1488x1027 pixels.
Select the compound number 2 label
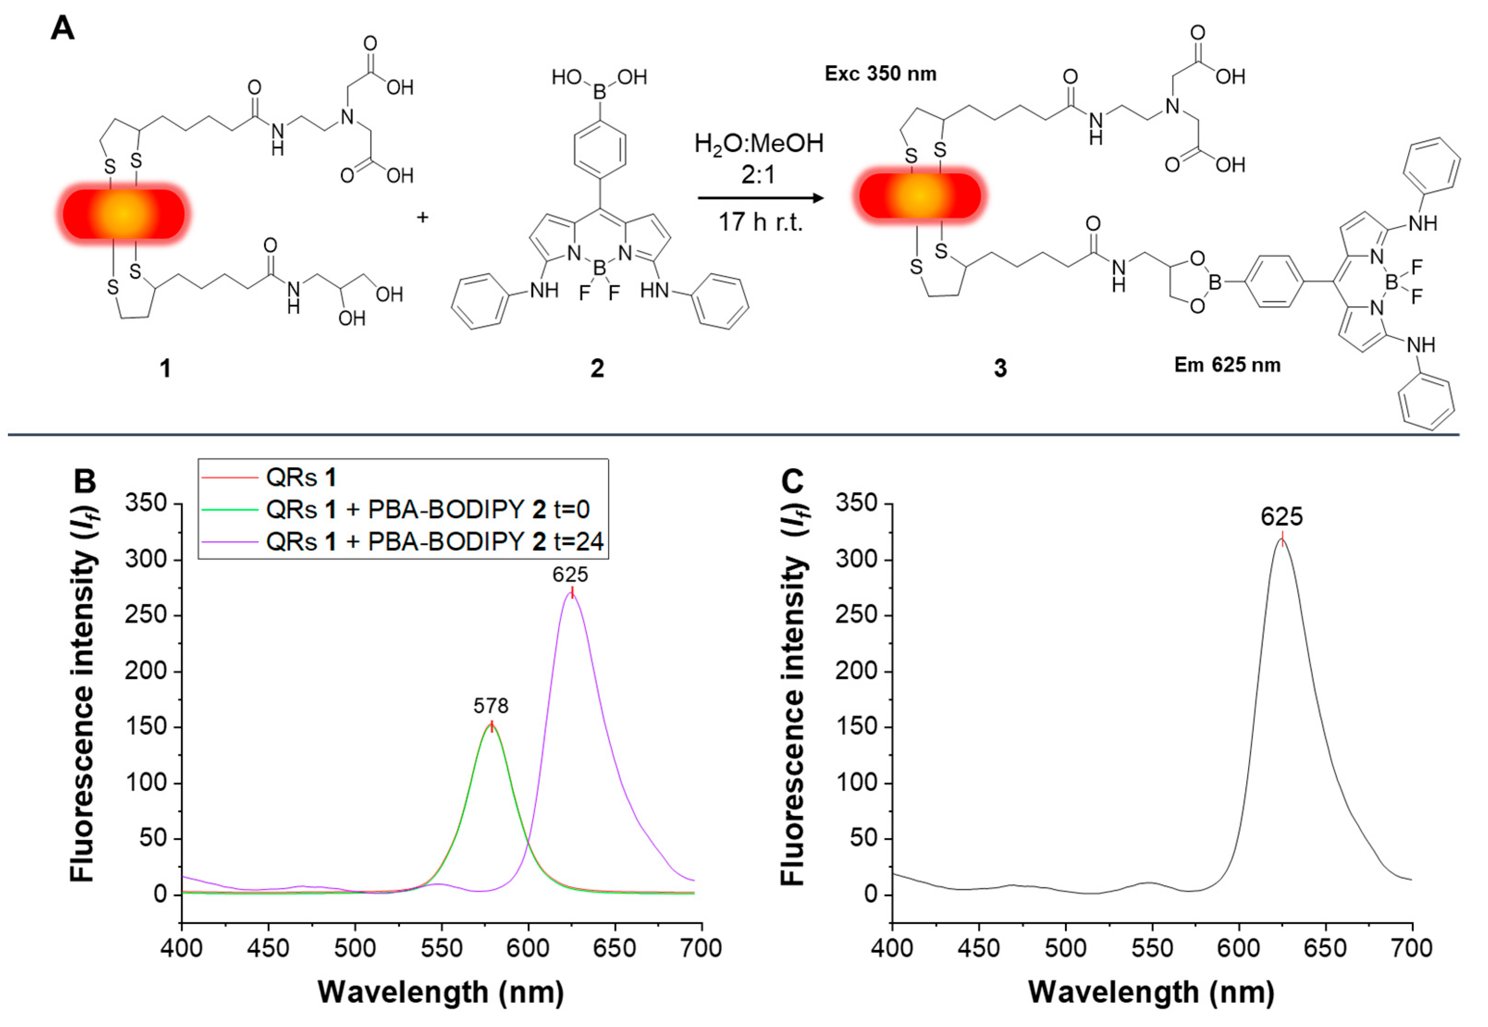tap(597, 369)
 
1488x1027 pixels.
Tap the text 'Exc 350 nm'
tap(881, 74)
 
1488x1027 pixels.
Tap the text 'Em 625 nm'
tap(1227, 365)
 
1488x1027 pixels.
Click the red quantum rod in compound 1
tap(123, 214)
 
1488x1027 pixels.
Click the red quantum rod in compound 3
tap(920, 195)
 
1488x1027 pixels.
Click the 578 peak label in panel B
tap(490, 706)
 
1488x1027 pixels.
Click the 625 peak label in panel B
tap(570, 574)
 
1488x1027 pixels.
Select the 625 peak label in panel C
tap(1281, 517)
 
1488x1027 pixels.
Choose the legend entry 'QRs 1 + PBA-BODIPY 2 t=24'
tap(435, 542)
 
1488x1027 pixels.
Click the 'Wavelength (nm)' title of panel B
tap(441, 991)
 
